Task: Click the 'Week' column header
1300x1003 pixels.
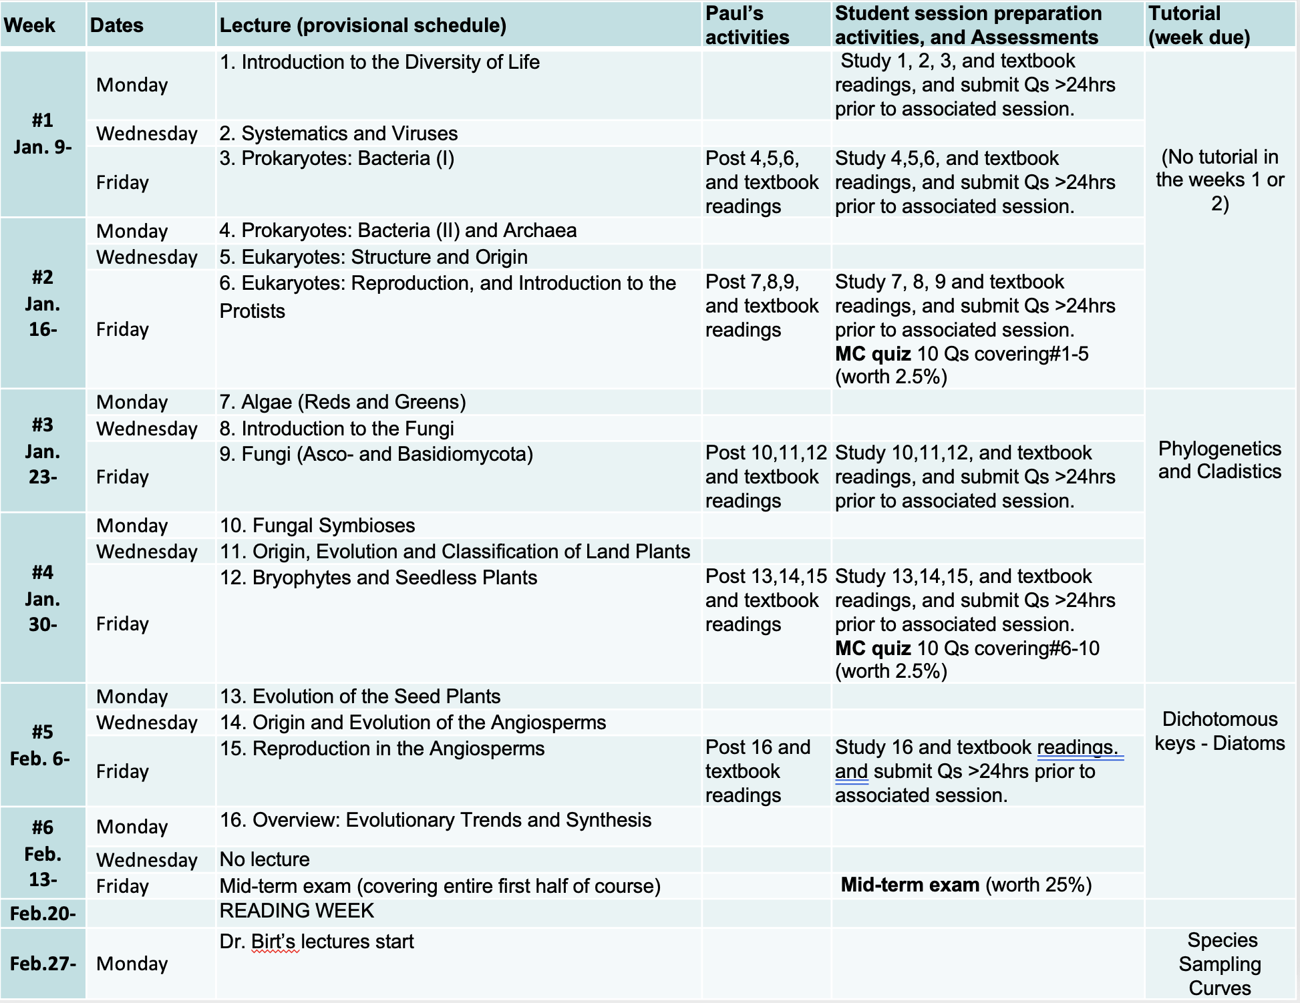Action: click(29, 25)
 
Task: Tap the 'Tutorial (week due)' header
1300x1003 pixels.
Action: click(1198, 25)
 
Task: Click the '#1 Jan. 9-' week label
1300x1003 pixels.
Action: click(43, 134)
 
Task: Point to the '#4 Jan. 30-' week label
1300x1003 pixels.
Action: click(43, 598)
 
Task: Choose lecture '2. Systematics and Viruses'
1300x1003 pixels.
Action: click(339, 134)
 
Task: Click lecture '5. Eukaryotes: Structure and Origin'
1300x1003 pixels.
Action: click(373, 257)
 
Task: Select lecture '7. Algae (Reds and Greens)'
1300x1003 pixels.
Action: click(343, 402)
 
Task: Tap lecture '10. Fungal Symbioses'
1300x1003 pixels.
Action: click(317, 526)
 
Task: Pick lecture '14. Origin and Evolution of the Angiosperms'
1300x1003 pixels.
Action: click(413, 723)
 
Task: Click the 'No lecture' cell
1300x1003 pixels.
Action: click(265, 859)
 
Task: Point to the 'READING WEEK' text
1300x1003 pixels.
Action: click(297, 911)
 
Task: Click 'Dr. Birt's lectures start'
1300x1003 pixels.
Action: click(317, 942)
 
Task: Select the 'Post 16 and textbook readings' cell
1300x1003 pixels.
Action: click(758, 771)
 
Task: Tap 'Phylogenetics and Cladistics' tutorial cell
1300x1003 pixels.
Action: click(1219, 460)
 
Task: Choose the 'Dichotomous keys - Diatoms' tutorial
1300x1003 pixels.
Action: click(1219, 731)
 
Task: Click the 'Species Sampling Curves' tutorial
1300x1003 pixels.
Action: click(1220, 964)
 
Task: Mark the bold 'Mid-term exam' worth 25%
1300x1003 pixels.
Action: click(910, 885)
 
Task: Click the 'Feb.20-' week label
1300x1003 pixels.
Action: click(43, 914)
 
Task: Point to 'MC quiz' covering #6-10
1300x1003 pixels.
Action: click(872, 648)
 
